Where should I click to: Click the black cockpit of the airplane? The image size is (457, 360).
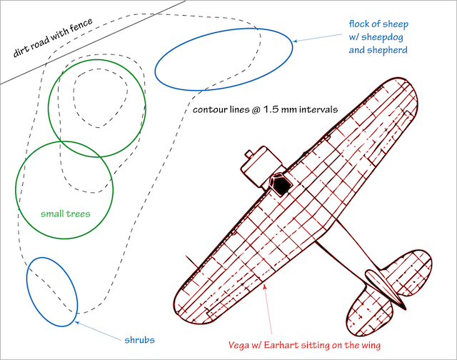[x=283, y=186]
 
